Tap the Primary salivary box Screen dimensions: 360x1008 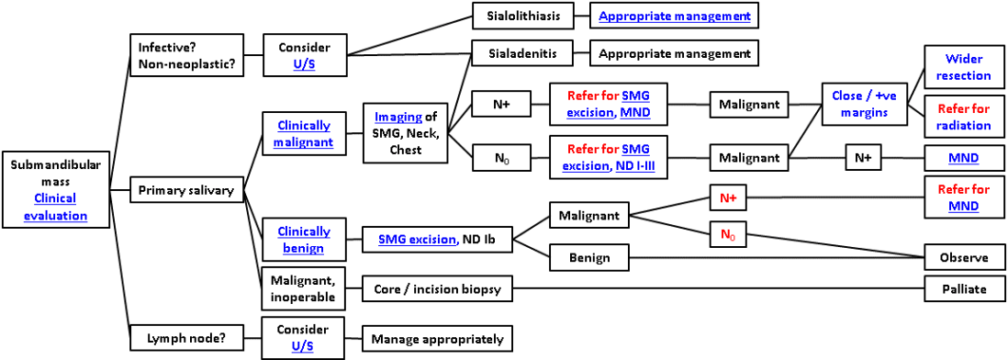tap(187, 191)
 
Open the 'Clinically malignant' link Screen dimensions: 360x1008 tap(303, 133)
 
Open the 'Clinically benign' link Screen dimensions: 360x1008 tap(303, 240)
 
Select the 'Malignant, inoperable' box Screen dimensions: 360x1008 tap(302, 289)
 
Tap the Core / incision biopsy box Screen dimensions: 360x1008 tap(437, 289)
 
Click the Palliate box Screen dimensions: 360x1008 tap(964, 289)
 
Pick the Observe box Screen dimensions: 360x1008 tap(964, 258)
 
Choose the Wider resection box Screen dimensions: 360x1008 tap(964, 67)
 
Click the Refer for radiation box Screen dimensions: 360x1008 tap(964, 117)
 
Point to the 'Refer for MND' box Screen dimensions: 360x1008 tap(964, 197)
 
